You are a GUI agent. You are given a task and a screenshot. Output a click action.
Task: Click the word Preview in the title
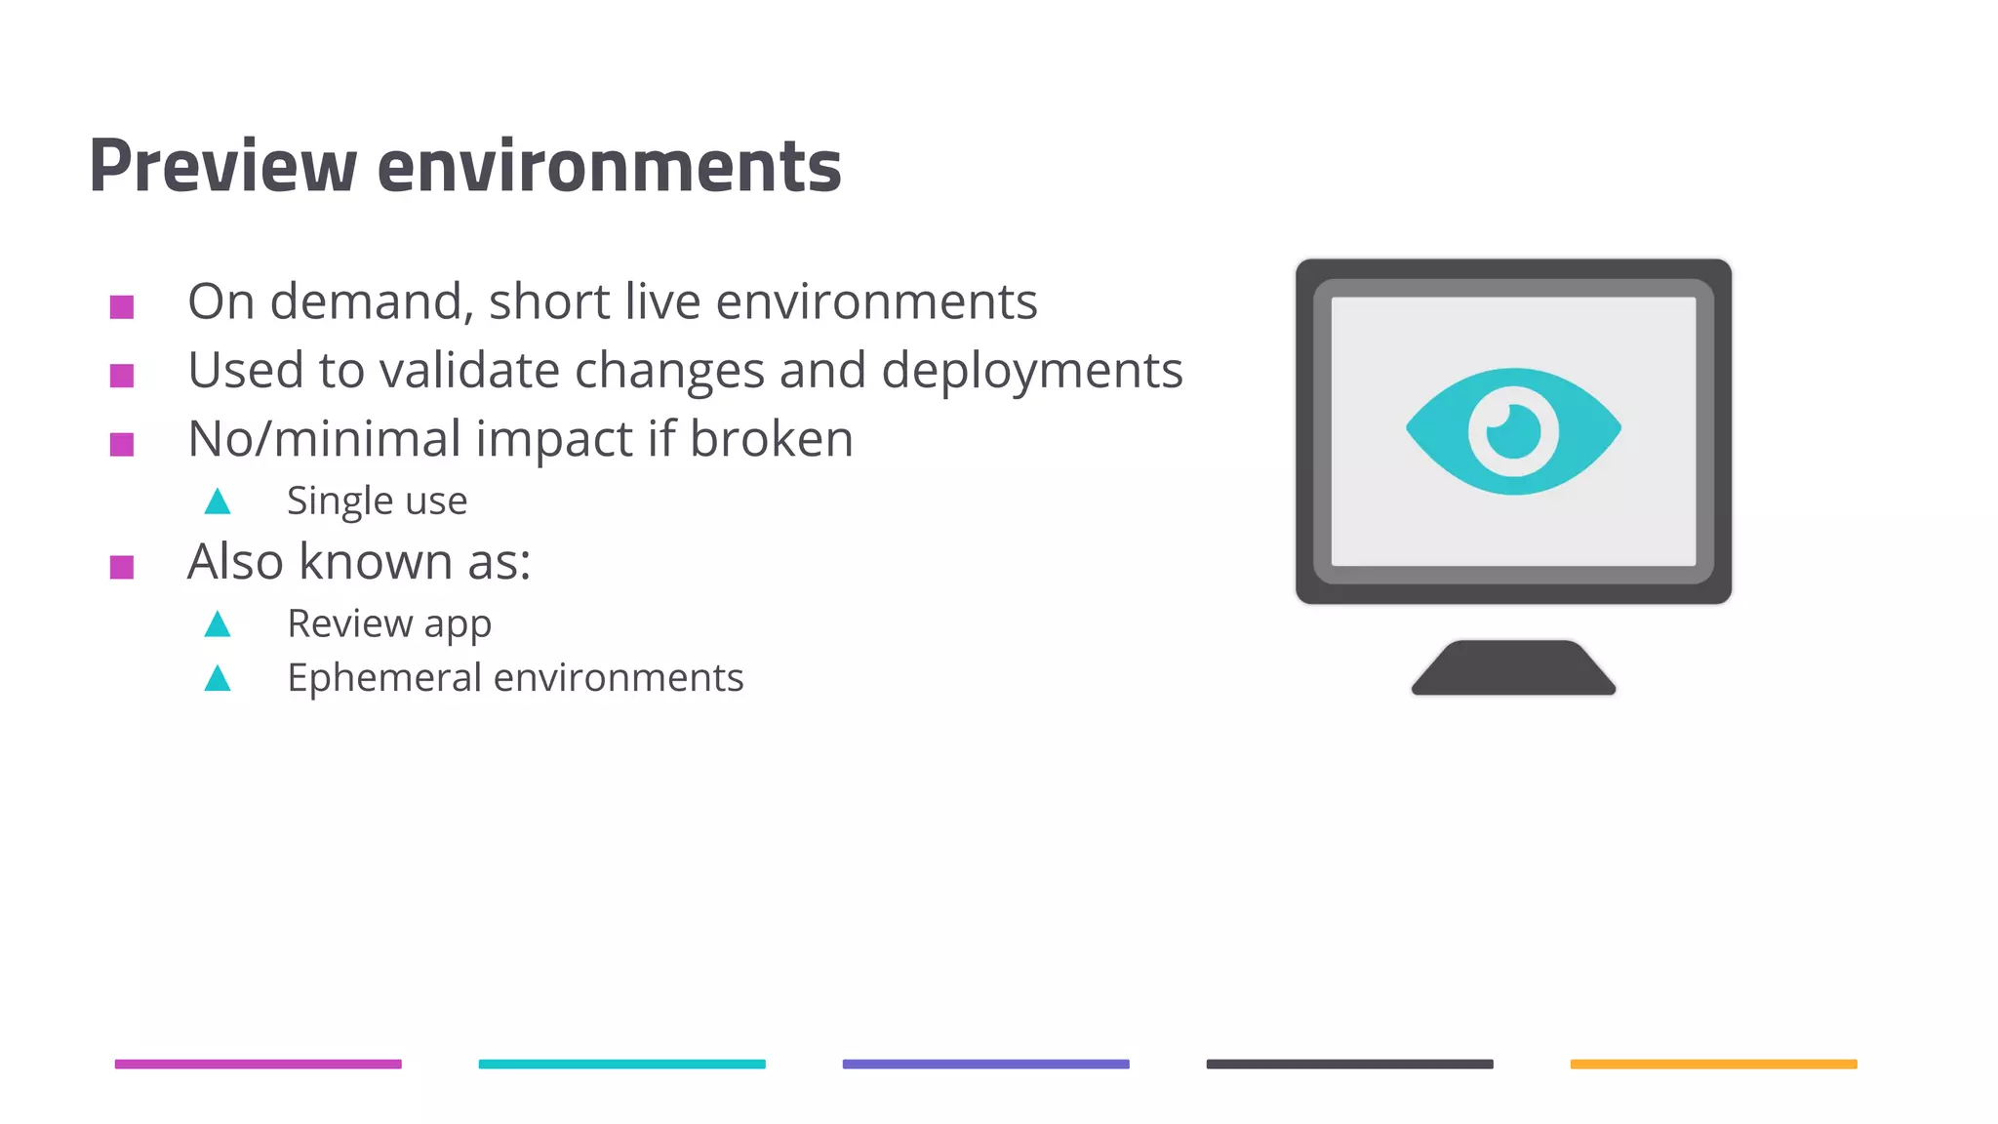[x=222, y=166]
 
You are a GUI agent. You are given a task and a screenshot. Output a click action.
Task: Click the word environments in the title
[x=609, y=166]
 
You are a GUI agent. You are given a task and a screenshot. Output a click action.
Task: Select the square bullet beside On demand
[x=122, y=307]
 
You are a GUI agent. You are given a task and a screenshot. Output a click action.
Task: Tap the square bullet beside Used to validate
[x=122, y=376]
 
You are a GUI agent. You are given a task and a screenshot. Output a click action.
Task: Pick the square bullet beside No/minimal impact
[x=122, y=445]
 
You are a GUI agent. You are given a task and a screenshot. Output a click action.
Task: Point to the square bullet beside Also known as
[x=122, y=567]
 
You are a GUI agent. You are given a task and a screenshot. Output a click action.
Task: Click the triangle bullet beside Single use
[x=218, y=502]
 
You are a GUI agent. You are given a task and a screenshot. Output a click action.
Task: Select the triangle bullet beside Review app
[x=218, y=624]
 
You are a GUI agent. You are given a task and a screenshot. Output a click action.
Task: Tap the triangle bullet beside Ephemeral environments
[x=218, y=678]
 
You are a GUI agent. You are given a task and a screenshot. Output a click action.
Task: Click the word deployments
[x=1032, y=371]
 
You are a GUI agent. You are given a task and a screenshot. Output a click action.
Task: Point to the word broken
[x=771, y=439]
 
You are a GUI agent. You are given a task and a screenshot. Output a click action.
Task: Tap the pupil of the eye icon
[x=1513, y=430]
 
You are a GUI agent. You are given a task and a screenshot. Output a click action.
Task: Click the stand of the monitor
[x=1513, y=668]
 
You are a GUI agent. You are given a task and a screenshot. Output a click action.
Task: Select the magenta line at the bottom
[x=258, y=1064]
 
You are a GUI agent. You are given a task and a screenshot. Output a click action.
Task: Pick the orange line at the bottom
[x=1713, y=1064]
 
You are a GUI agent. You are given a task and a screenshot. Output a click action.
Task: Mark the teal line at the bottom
[x=621, y=1064]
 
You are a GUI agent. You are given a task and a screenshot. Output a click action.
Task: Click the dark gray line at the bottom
[x=1349, y=1064]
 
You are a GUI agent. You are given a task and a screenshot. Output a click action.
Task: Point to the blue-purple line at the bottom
[x=985, y=1064]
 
